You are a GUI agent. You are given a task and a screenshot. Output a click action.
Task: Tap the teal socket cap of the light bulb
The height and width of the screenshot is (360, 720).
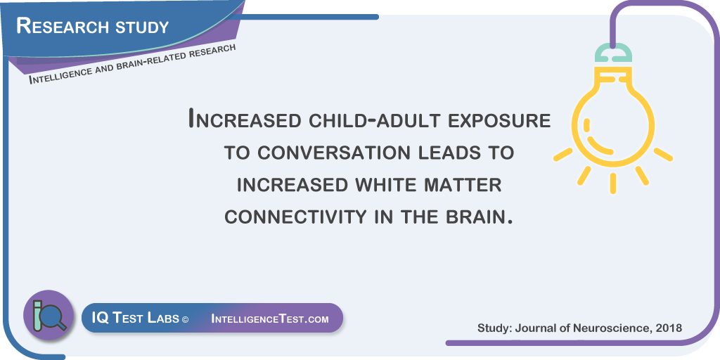613,53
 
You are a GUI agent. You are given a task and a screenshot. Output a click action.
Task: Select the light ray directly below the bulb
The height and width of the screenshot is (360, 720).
613,184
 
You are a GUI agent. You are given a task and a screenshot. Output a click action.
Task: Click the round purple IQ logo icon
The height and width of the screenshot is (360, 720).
49,315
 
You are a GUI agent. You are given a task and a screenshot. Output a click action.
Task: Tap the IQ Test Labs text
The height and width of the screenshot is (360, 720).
136,318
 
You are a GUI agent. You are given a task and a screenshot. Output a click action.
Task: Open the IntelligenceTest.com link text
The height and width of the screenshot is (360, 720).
270,319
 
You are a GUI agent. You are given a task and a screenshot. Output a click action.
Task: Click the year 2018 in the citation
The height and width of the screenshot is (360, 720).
670,328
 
